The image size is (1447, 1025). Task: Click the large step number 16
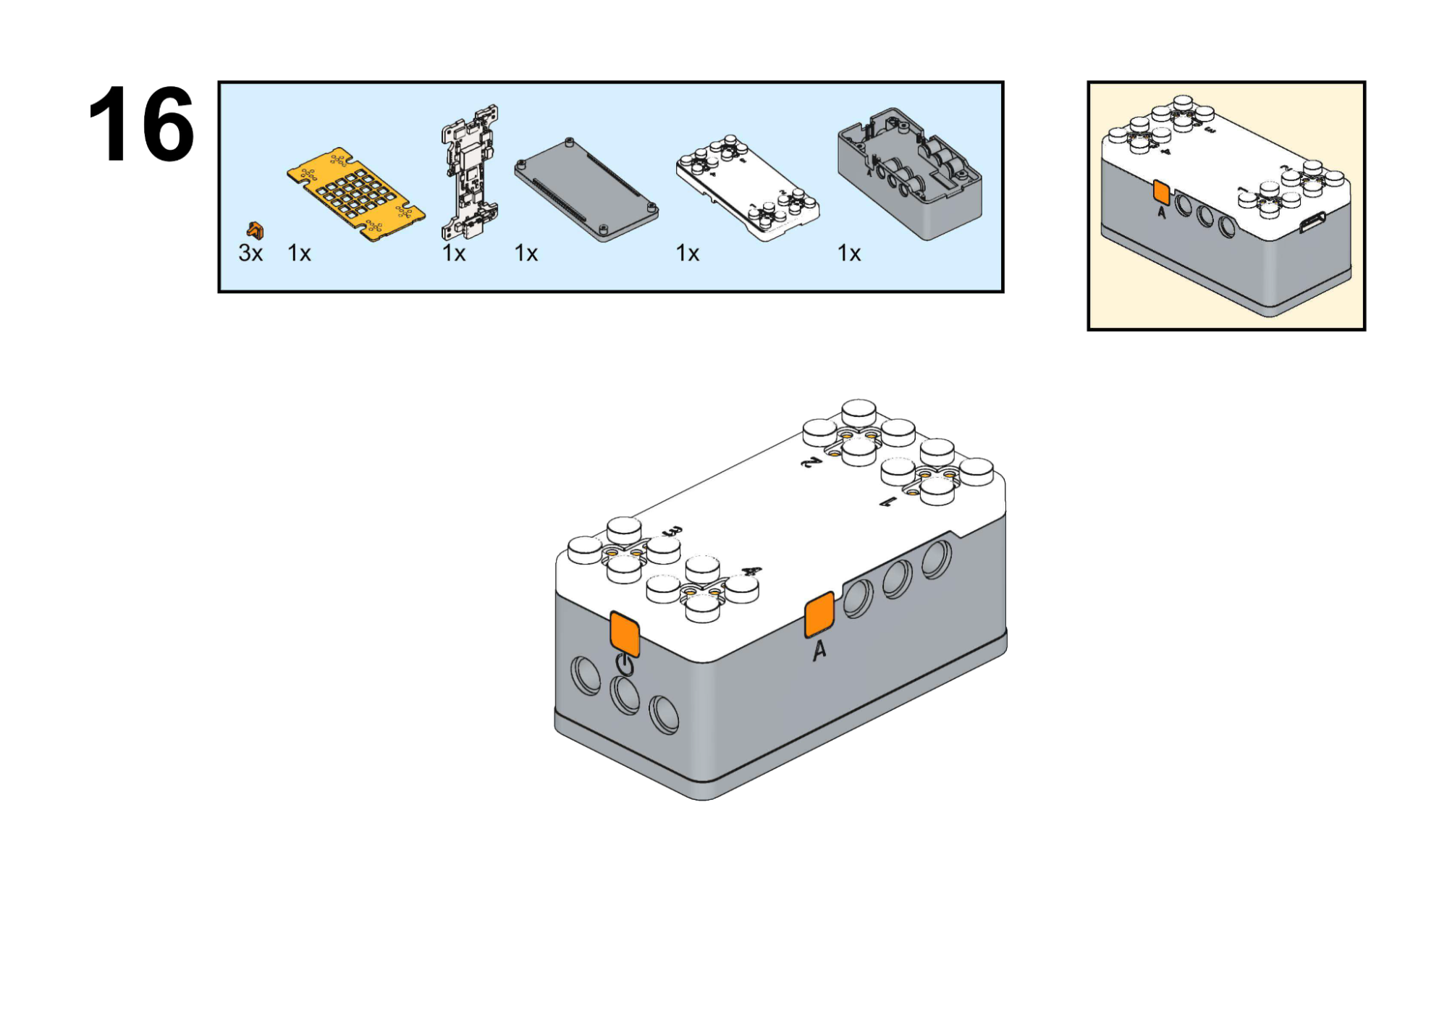(141, 125)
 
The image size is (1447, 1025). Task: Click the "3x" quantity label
(250, 253)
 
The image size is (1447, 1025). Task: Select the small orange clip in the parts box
(255, 230)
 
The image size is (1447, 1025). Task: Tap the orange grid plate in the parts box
(355, 193)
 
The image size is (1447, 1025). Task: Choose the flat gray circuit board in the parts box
(586, 188)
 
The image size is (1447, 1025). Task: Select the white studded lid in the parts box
(748, 186)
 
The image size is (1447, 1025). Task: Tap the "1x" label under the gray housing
(849, 253)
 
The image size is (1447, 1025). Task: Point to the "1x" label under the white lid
(688, 253)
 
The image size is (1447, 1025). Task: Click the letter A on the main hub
(819, 651)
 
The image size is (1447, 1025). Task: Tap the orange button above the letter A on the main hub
(819, 615)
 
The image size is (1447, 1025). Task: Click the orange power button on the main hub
(624, 633)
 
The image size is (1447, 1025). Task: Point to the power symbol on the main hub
(625, 665)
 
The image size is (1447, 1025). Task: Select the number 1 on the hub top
(888, 502)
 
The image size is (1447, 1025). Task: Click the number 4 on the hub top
(752, 571)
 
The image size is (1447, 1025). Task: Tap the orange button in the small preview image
(1161, 192)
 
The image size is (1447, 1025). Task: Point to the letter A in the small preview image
(1162, 212)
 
